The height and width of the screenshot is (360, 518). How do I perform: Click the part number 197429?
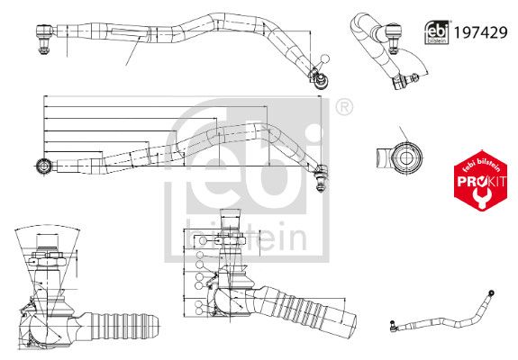coord(480,32)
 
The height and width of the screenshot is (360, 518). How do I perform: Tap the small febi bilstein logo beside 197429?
coord(437,32)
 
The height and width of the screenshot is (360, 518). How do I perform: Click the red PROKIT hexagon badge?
coord(481,181)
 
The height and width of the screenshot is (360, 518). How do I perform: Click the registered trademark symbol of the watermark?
coord(344,107)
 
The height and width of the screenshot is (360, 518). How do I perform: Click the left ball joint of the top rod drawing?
coord(44,38)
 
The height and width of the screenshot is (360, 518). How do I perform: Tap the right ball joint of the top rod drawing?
coord(320,78)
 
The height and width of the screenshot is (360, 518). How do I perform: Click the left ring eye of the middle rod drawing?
coord(43,166)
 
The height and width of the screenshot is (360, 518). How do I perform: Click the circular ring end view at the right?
coord(405,158)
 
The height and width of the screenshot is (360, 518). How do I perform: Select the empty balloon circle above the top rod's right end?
coord(325,59)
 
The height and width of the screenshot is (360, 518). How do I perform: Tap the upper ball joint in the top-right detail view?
coord(393,37)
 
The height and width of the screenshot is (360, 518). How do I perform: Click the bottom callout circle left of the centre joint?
coord(199,311)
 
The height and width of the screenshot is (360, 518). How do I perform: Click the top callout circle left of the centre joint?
coord(202,240)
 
